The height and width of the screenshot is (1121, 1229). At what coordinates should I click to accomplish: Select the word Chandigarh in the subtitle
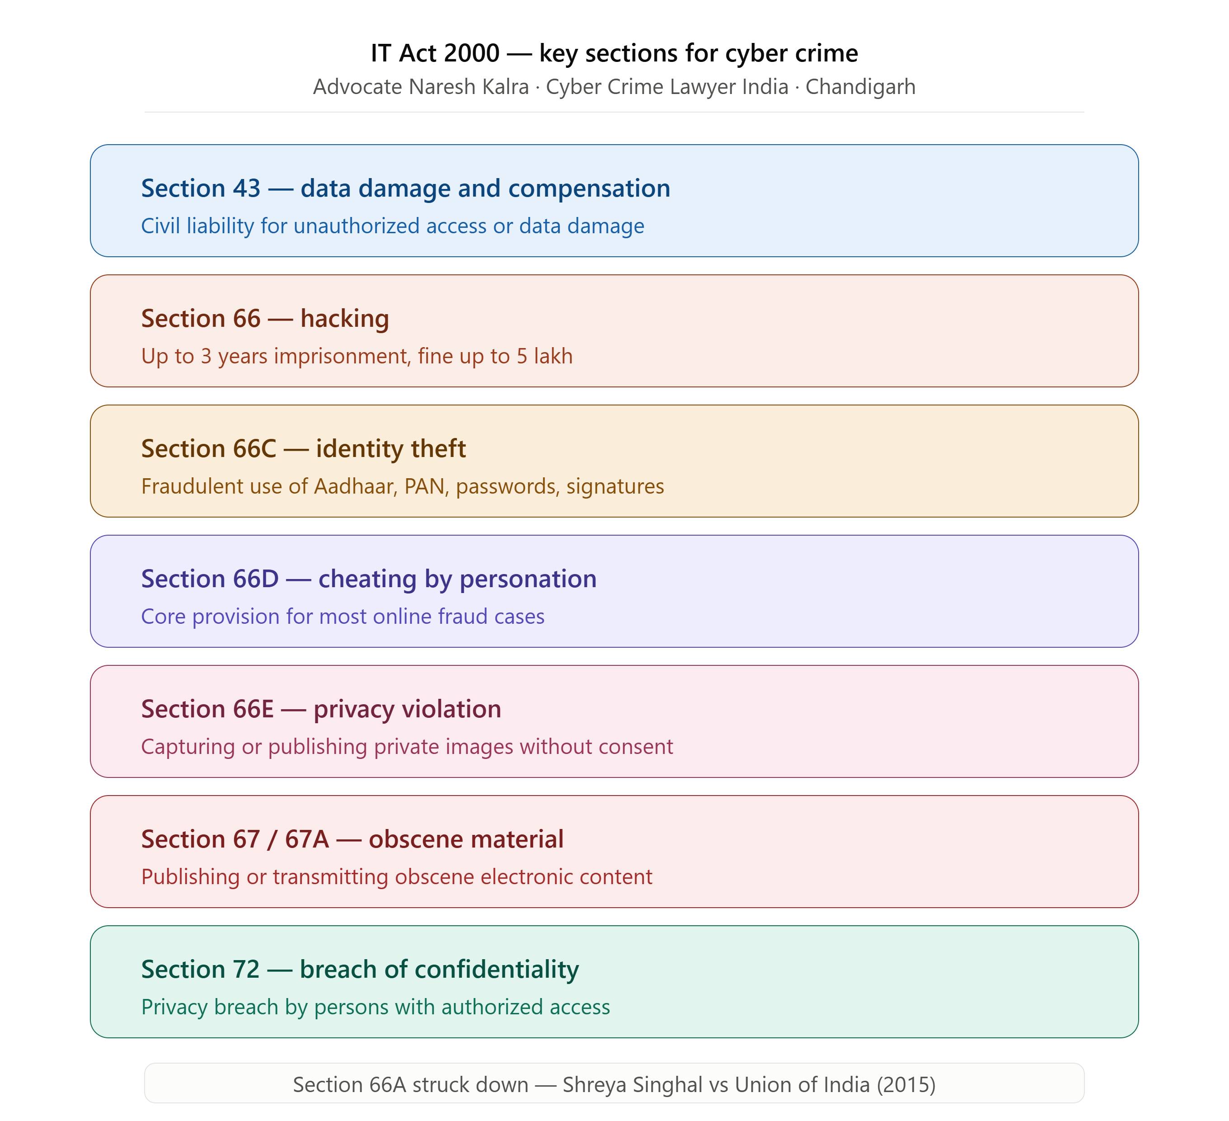[860, 87]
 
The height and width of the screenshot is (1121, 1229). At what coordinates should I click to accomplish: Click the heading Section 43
[201, 188]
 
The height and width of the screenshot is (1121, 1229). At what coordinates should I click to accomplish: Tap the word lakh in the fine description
[553, 356]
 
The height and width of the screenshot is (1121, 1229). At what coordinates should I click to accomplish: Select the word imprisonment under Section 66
[342, 357]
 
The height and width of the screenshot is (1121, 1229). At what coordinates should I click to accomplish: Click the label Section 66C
[208, 449]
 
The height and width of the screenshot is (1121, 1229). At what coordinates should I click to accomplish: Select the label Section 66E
[207, 709]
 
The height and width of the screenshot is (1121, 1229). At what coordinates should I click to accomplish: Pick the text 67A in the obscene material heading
[307, 840]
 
